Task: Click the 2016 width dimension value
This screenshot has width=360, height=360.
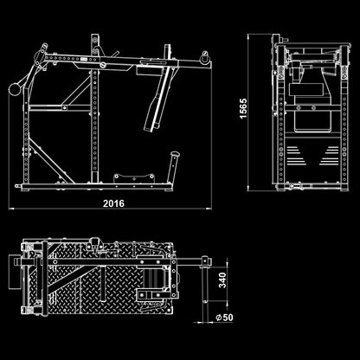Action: click(x=113, y=203)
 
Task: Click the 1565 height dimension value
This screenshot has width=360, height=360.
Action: click(x=243, y=108)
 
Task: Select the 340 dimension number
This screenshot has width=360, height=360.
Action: click(x=222, y=280)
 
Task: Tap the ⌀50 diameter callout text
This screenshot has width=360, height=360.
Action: click(x=224, y=318)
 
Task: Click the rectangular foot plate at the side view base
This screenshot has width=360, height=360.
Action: click(x=133, y=178)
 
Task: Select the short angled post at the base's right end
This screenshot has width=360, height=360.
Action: click(x=174, y=167)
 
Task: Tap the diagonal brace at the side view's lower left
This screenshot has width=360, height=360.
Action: click(x=50, y=161)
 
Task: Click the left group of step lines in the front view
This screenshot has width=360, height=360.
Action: click(x=296, y=156)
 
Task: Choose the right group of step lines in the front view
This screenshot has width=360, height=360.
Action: click(x=329, y=156)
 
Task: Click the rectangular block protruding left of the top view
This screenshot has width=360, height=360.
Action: click(x=14, y=272)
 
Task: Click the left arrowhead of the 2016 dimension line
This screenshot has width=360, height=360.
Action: click(x=11, y=209)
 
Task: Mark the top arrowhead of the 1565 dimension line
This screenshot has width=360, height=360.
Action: click(x=247, y=36)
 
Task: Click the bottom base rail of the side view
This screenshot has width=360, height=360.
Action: click(x=97, y=186)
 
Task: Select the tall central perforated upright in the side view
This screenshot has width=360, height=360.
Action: click(x=94, y=109)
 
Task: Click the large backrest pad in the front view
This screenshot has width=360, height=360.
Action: click(x=312, y=107)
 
